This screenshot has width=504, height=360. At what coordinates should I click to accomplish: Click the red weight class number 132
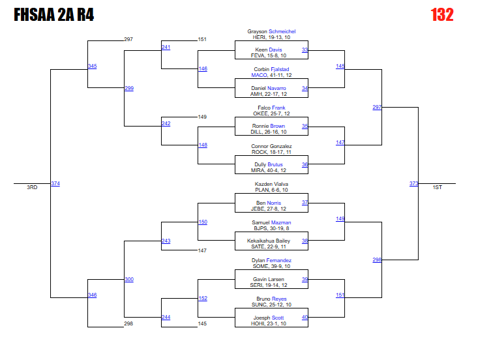[x=442, y=15]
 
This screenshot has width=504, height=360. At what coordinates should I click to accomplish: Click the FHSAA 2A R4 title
[x=53, y=15]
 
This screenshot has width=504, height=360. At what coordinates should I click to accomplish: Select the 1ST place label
[x=437, y=187]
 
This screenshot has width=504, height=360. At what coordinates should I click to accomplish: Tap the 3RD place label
[x=32, y=187]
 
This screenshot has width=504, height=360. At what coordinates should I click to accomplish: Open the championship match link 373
[x=413, y=184]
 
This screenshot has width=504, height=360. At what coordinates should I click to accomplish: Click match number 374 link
[x=55, y=184]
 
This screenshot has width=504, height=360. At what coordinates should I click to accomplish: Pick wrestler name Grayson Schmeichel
[x=271, y=31]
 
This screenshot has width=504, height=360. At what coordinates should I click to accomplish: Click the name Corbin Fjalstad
[x=271, y=69]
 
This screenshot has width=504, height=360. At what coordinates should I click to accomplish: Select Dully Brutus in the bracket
[x=271, y=164]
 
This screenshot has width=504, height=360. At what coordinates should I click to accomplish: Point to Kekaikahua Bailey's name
[x=271, y=241]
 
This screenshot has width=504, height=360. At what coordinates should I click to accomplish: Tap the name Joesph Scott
[x=271, y=318]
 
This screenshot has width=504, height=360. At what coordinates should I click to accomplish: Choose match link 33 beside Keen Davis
[x=304, y=50]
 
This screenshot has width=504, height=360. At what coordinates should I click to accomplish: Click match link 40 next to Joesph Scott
[x=304, y=318]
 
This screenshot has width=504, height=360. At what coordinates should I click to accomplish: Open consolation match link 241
[x=166, y=48]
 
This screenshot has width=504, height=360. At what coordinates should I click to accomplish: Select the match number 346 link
[x=93, y=295]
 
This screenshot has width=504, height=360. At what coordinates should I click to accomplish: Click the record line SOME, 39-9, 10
[x=271, y=266]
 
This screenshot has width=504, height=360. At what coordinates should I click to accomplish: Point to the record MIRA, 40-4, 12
[x=271, y=170]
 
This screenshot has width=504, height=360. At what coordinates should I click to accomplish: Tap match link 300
[x=129, y=280]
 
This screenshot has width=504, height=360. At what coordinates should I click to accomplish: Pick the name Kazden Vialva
[x=271, y=184]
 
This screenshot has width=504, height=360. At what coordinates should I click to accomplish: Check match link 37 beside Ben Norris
[x=304, y=203]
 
